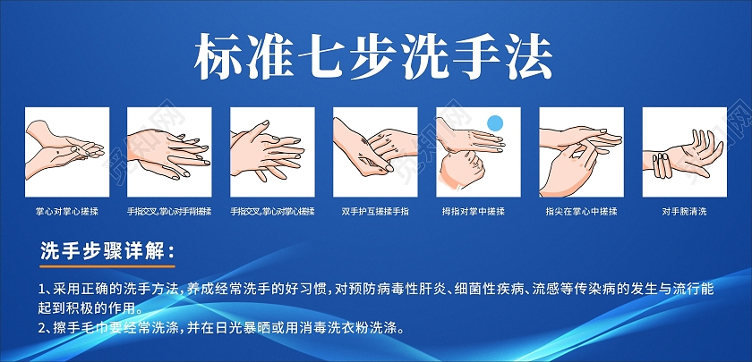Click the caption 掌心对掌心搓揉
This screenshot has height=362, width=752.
(x=66, y=212)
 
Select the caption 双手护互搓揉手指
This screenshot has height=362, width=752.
(x=375, y=212)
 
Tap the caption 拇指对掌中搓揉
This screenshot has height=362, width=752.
(x=479, y=212)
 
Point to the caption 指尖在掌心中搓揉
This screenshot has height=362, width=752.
(x=581, y=212)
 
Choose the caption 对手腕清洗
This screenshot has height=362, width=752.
(x=685, y=212)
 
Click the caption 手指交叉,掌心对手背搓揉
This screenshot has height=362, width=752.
(x=169, y=212)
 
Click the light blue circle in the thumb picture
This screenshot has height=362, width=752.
(x=495, y=122)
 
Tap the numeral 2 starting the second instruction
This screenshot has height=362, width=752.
(x=43, y=328)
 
